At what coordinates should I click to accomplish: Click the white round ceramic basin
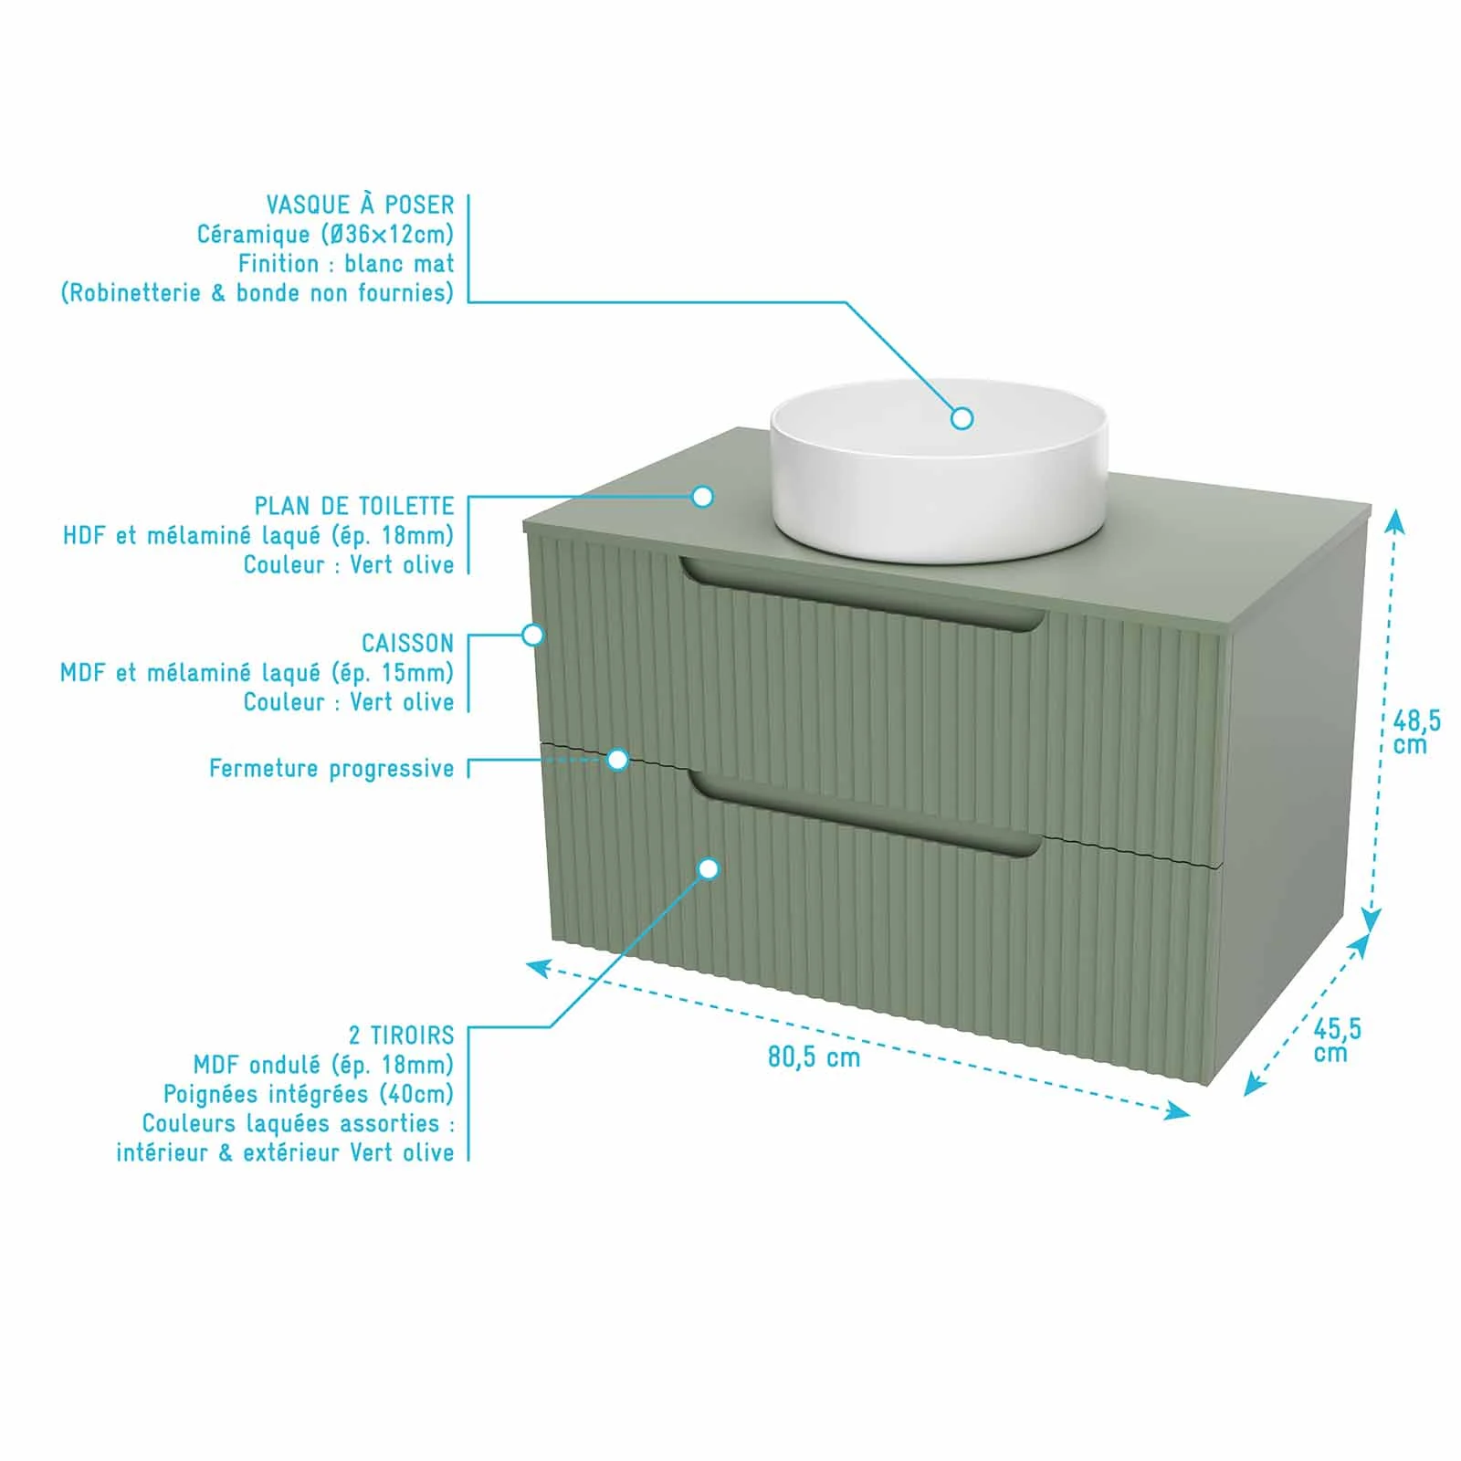pos(939,470)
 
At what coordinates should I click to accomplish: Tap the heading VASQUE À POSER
pos(360,205)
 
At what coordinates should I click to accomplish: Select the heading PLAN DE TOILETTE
pos(354,506)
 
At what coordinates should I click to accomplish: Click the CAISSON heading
pos(407,643)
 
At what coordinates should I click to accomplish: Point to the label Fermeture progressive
pos(331,769)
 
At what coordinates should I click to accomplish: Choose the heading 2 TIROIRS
pos(401,1035)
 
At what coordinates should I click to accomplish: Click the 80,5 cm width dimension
pos(814,1057)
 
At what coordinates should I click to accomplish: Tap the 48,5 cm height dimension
pos(1416,732)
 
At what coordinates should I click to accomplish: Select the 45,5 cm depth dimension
pos(1337,1040)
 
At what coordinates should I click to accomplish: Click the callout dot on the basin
pos(962,418)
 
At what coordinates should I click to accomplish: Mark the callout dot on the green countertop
pos(702,497)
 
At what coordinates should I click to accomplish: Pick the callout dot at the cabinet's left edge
pos(532,635)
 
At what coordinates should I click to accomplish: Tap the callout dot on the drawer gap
pos(618,760)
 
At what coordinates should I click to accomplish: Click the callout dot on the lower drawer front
pos(709,868)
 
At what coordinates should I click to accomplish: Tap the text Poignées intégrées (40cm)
pos(309,1094)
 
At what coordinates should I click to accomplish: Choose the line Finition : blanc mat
pos(346,264)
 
